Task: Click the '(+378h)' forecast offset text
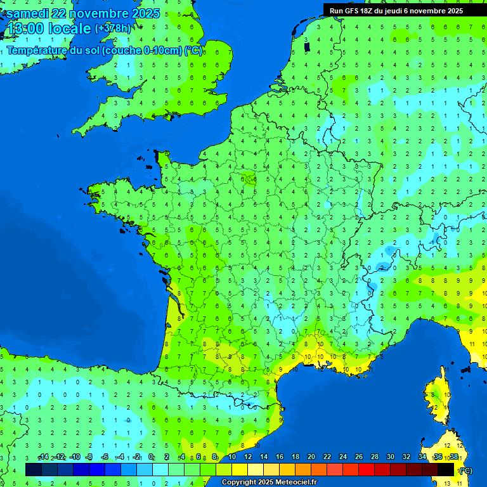pos(113,29)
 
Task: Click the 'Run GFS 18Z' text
pos(352,11)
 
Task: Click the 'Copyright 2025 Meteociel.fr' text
pos(269,483)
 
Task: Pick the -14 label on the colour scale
pos(43,457)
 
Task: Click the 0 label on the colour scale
pos(151,457)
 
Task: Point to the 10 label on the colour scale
pos(232,457)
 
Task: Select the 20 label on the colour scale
pos(311,457)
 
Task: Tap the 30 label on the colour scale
pos(391,457)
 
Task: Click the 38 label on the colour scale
pos(453,457)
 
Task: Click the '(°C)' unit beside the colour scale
pos(465,470)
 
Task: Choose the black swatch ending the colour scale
pos(446,469)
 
